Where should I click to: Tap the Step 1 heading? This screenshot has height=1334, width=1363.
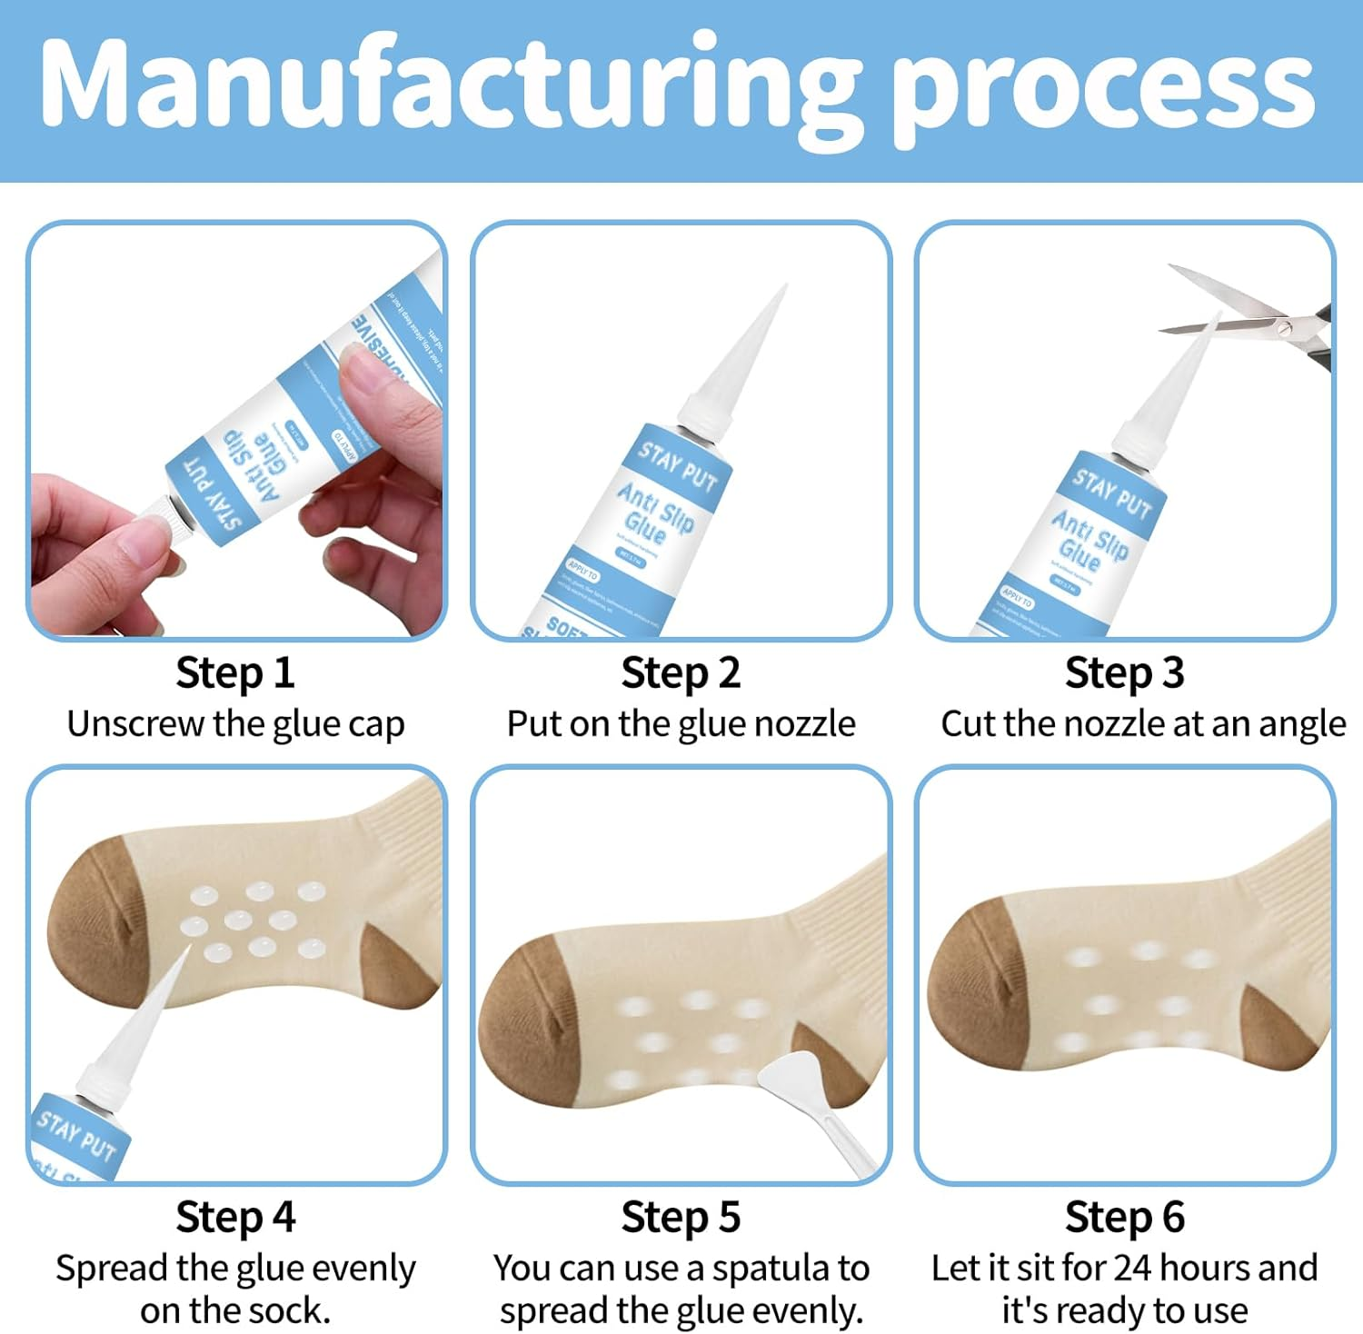coord(235,673)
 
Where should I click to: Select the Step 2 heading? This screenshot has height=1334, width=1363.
coord(681,673)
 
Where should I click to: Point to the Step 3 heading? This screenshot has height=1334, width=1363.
coord(1124,673)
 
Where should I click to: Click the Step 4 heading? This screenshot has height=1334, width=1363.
coord(235,1217)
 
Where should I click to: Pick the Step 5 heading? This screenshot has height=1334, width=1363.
coord(681,1217)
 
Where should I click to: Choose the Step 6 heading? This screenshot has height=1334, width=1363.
coord(1124,1217)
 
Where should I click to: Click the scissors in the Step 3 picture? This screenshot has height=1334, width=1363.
coord(1272,323)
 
